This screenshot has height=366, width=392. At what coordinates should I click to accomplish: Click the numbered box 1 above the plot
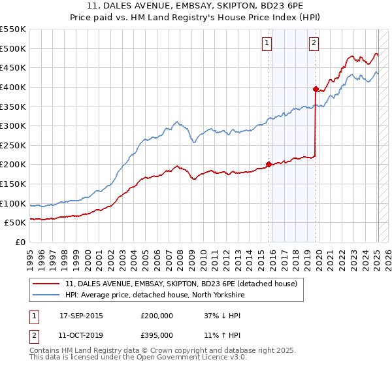click(x=268, y=43)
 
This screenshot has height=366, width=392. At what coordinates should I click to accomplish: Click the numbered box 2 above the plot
click(x=314, y=43)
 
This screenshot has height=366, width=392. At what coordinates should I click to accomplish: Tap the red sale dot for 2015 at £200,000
click(x=269, y=165)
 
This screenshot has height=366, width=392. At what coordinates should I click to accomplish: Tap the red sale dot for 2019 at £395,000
click(x=316, y=89)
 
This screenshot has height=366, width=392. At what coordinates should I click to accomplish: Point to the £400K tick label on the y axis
click(x=14, y=87)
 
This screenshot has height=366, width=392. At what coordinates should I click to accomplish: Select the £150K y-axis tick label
click(x=14, y=184)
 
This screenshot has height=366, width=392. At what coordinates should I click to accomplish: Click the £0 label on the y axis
click(x=20, y=242)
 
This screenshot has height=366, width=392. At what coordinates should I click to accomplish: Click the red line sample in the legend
click(x=47, y=283)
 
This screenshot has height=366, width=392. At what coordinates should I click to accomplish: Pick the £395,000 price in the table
click(x=156, y=335)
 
